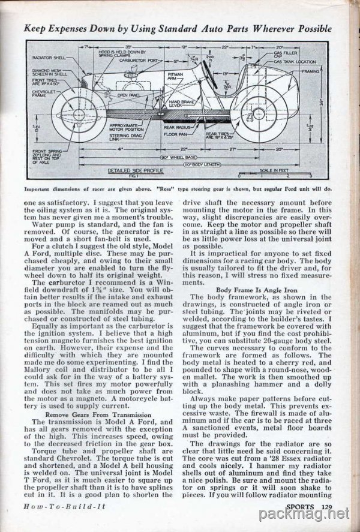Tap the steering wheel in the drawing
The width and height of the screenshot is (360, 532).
tap(210, 75)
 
